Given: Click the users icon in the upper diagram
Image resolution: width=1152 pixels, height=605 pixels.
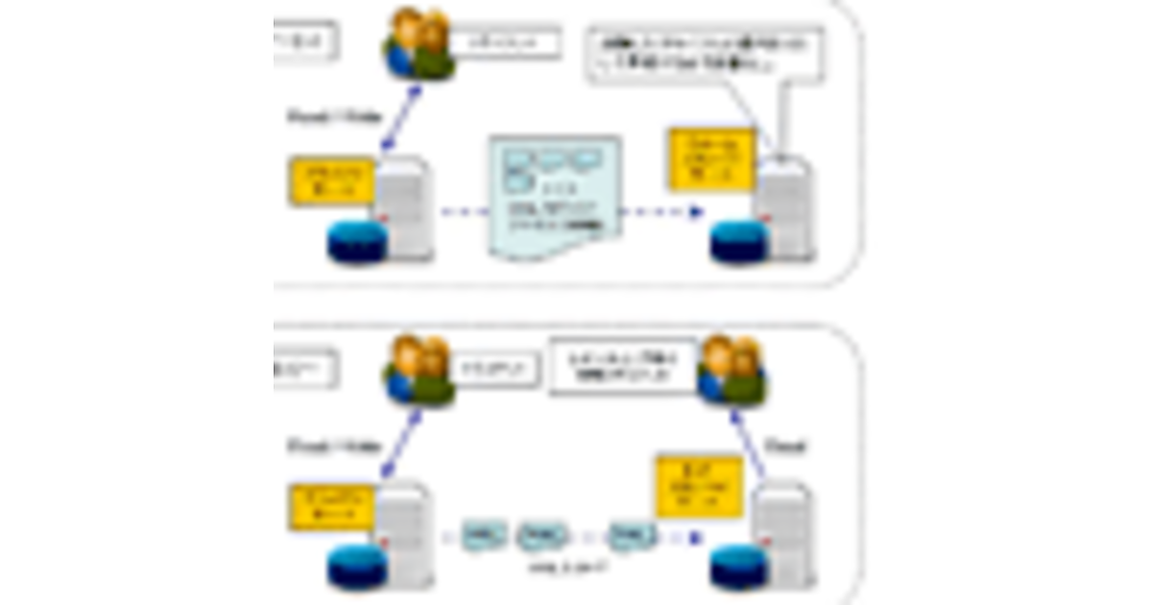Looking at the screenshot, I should click(420, 44).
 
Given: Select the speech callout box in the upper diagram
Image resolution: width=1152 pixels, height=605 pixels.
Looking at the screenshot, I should click(706, 57).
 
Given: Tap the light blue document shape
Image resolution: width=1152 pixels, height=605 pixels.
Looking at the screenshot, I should click(554, 196).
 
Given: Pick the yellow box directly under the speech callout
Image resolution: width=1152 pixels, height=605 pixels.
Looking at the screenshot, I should click(710, 159).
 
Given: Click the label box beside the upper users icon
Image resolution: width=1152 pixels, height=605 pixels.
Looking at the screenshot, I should click(505, 44).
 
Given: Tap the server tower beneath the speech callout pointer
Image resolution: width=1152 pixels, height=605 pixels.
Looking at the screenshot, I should click(785, 209).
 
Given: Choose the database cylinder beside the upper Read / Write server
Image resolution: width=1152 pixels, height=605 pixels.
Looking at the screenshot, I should click(357, 242).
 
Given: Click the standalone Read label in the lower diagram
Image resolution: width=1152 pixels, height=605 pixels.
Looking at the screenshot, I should click(786, 447).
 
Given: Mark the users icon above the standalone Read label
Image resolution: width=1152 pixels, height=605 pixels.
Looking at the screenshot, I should click(731, 370).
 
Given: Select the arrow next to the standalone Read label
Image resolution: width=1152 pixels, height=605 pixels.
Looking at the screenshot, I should click(748, 442).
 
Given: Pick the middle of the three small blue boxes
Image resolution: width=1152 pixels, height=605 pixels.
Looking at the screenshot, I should click(541, 535).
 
